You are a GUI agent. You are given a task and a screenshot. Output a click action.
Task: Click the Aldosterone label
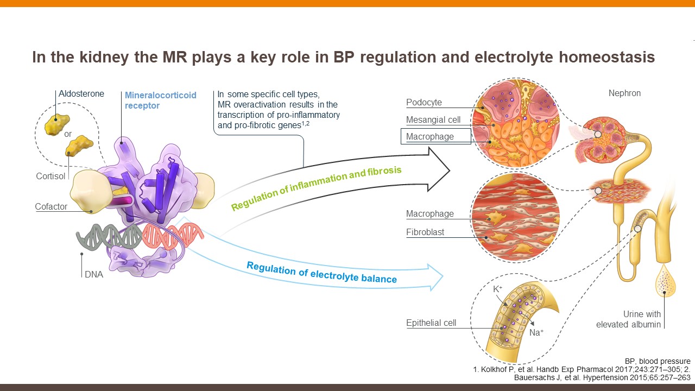coord(81,94)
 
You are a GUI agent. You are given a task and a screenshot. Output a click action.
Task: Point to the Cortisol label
coord(51,176)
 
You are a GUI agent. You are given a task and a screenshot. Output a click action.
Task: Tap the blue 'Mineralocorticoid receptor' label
coord(160,100)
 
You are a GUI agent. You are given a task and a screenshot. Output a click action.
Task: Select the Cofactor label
coord(51,206)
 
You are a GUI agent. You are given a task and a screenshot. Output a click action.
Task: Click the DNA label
coord(93,274)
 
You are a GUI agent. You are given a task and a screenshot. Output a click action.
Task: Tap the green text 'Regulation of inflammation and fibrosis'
coord(316,188)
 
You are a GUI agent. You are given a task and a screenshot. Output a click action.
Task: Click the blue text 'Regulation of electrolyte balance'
coord(321,272)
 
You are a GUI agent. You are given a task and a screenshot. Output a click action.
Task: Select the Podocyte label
coord(424,103)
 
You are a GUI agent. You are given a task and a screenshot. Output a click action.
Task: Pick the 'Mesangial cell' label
coord(433,119)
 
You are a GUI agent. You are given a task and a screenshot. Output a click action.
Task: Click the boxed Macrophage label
coord(430,136)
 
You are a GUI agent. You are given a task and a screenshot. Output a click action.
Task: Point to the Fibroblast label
coord(425,232)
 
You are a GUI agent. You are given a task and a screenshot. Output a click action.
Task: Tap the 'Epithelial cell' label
coord(431,323)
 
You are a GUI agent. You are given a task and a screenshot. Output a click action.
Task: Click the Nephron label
coord(624,93)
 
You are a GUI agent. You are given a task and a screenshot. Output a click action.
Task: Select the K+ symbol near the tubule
coord(498,289)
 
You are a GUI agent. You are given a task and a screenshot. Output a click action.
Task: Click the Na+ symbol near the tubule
coord(536,332)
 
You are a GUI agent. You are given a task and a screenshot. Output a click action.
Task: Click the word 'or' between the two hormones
coord(68,134)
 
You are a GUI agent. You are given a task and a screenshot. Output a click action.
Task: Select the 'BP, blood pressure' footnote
coord(658,361)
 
